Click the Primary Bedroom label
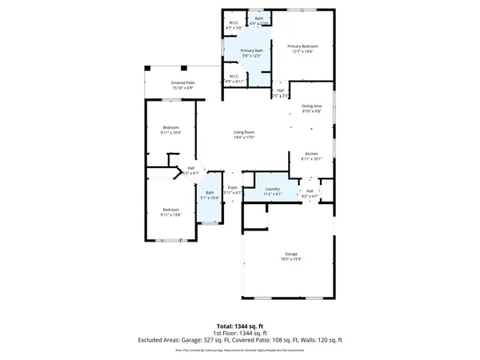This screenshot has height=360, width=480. pyautogui.click(x=303, y=46)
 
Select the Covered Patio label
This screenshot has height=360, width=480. pyautogui.click(x=183, y=82)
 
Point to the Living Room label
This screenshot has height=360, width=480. pyautogui.click(x=243, y=132)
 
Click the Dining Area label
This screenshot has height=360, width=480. pyautogui.click(x=311, y=106)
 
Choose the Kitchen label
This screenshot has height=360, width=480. pyautogui.click(x=311, y=154)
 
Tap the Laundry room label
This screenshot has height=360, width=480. pyautogui.click(x=273, y=189)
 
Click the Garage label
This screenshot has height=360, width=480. pyautogui.click(x=290, y=254)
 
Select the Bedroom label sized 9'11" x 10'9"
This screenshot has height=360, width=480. pyautogui.click(x=170, y=127)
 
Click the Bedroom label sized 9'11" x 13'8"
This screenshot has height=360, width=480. pyautogui.click(x=170, y=210)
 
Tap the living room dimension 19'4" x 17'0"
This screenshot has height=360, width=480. pyautogui.click(x=243, y=138)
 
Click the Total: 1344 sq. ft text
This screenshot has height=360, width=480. pyautogui.click(x=240, y=326)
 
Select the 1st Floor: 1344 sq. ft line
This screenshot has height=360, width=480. pyautogui.click(x=240, y=333)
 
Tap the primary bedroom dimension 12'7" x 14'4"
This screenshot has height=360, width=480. pyautogui.click(x=303, y=52)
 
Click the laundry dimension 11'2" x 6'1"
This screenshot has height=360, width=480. pyautogui.click(x=273, y=194)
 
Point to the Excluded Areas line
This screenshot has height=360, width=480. pyautogui.click(x=240, y=340)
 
